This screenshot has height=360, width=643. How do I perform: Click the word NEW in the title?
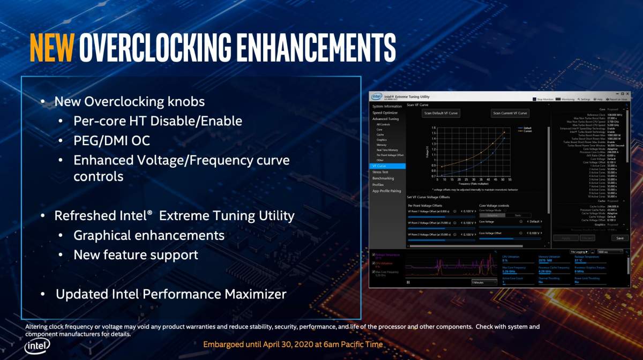[x=51, y=48]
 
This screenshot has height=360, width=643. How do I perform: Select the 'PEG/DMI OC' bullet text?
[x=111, y=140]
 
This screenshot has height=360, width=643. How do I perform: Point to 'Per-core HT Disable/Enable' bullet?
[x=158, y=121]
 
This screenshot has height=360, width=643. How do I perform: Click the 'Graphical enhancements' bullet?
[x=149, y=235]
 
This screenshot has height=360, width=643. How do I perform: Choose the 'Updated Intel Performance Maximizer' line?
[x=171, y=294]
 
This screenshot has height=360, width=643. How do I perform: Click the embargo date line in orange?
[x=293, y=344]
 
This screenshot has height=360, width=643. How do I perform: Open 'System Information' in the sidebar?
[x=387, y=107]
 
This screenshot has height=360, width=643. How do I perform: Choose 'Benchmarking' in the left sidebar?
[x=383, y=178]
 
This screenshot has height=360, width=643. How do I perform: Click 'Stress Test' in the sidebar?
[x=380, y=172]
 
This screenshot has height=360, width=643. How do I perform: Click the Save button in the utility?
[x=620, y=238]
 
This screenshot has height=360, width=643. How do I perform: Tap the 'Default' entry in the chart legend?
[x=528, y=129]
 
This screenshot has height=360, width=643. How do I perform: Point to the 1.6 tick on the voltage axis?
[x=433, y=128]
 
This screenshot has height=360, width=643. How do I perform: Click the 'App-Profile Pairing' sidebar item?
[x=387, y=191]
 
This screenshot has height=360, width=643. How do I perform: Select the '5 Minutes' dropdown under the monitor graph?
[x=484, y=282]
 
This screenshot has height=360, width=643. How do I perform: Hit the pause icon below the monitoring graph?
[x=408, y=282]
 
